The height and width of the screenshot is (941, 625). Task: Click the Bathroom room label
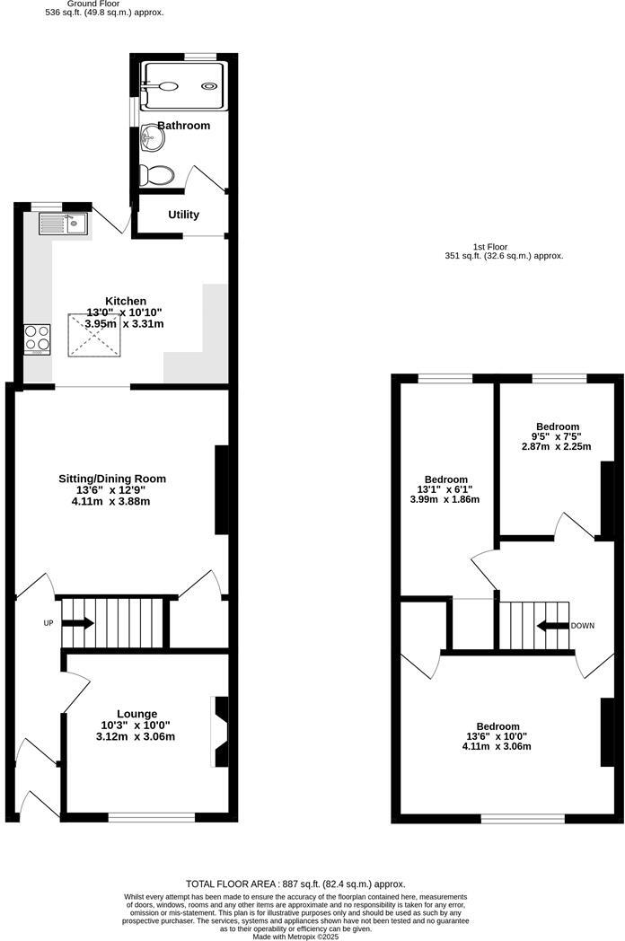point(183,126)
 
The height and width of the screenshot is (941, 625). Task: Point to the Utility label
point(183,215)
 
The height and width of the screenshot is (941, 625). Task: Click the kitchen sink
point(63,223)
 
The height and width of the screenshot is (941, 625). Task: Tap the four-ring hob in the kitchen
point(37,339)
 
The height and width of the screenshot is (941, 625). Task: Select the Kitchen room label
point(126,301)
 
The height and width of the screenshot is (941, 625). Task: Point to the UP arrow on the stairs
point(76,623)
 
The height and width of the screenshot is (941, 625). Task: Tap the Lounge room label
point(136,714)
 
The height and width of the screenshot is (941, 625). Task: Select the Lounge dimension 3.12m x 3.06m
point(136,737)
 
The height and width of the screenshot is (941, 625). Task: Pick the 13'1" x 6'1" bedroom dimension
point(445,489)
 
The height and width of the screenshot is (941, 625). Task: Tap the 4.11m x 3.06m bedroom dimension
point(497,746)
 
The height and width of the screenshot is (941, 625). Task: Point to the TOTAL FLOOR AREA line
point(295,884)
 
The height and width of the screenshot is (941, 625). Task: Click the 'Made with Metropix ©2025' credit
point(295,937)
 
